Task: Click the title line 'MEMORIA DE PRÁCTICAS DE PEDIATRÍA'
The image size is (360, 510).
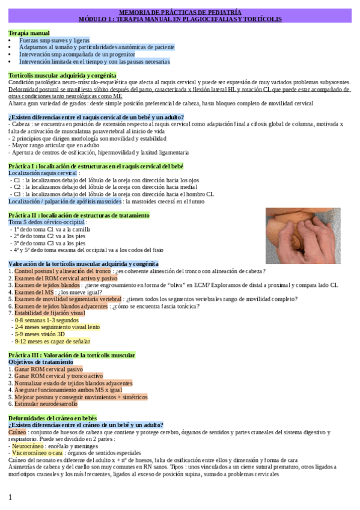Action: (180, 12)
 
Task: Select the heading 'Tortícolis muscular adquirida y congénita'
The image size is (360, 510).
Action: (63, 75)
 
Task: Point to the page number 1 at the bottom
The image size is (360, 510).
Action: (10, 497)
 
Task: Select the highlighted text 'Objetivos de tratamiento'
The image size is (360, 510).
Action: (41, 363)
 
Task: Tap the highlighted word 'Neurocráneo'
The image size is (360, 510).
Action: (28, 447)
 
